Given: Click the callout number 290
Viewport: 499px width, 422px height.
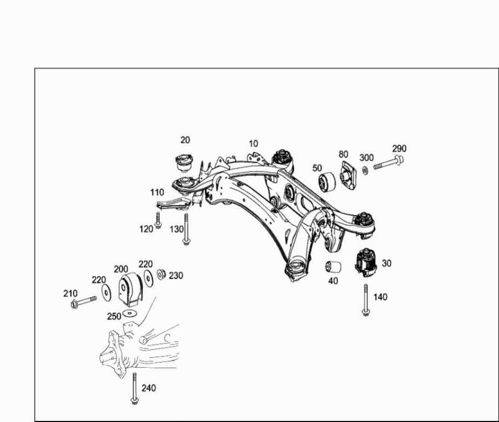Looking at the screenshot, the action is (399, 148).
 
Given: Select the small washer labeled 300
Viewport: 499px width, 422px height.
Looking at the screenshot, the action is (365, 170).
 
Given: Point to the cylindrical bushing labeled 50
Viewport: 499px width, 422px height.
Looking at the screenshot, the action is (327, 182).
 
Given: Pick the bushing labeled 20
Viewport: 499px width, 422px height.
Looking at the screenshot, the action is (185, 163).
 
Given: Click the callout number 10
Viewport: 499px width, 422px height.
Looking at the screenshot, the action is (253, 144).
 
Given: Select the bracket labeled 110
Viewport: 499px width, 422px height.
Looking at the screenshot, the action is (174, 204).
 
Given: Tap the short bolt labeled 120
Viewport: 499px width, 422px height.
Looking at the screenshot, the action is (158, 220).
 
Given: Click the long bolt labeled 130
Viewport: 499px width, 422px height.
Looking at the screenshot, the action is (186, 229).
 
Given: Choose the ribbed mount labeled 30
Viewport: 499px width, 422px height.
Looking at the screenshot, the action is (366, 262).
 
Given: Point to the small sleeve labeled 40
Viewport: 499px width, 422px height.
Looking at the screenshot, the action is (333, 267).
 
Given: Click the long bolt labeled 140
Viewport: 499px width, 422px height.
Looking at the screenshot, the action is (366, 300).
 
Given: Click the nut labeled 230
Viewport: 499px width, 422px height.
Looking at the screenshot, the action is (161, 274).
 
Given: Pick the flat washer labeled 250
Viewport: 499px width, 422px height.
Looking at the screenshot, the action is (129, 313).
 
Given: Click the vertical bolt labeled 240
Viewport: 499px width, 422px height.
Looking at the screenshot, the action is (135, 388).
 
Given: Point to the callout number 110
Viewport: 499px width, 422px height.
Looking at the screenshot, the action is (157, 192).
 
